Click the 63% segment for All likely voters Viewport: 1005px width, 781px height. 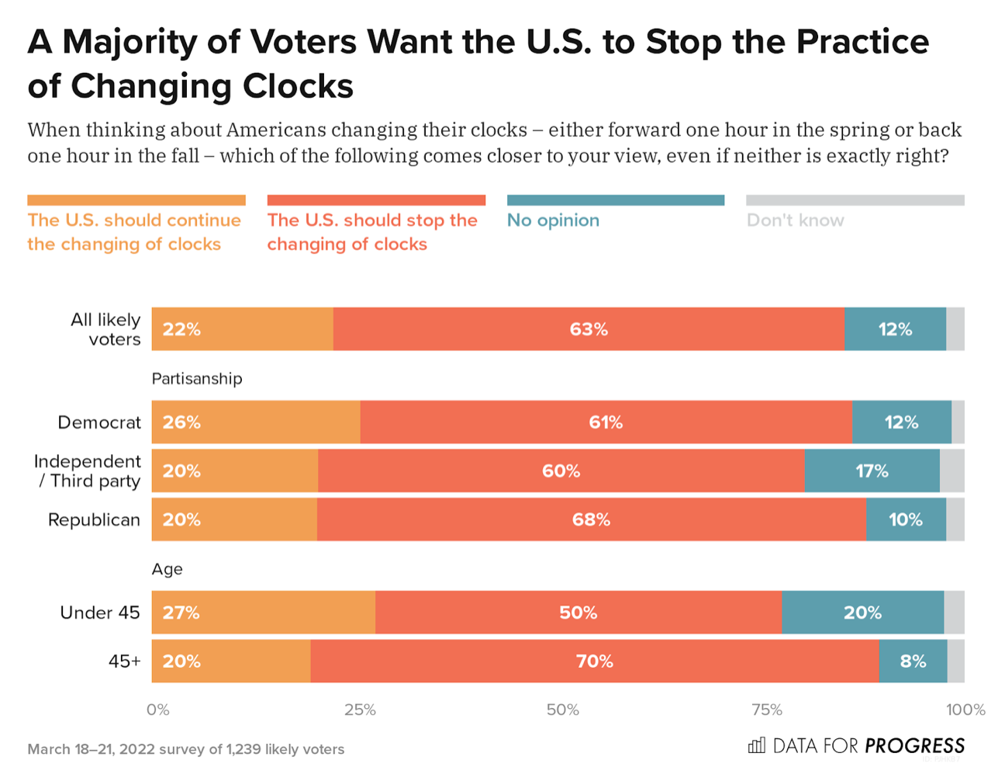pos(589,329)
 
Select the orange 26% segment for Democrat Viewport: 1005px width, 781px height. pos(256,422)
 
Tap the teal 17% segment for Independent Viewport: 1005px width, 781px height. pos(872,471)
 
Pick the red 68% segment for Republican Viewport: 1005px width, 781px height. pos(591,519)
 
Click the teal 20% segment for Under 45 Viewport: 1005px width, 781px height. pos(862,613)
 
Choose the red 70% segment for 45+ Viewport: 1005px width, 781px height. pos(594,661)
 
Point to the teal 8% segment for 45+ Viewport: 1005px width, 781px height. pos(913,661)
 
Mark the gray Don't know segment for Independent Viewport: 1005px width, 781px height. pos(952,471)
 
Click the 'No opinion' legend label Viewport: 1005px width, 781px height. pos(553,220)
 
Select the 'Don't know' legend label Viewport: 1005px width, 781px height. pos(795,220)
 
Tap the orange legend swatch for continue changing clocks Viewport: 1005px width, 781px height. pos(136,200)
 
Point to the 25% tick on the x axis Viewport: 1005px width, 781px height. pos(360,710)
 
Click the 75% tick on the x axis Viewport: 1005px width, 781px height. pos(766,710)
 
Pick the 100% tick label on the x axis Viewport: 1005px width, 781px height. pos(965,710)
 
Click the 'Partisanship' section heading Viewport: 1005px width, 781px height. pos(197,379)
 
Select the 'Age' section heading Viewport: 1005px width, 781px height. pos(167,569)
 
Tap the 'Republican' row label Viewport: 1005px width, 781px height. pos(94,520)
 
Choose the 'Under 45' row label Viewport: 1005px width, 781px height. pos(99,613)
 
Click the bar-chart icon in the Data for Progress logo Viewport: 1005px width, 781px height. pos(756,746)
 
